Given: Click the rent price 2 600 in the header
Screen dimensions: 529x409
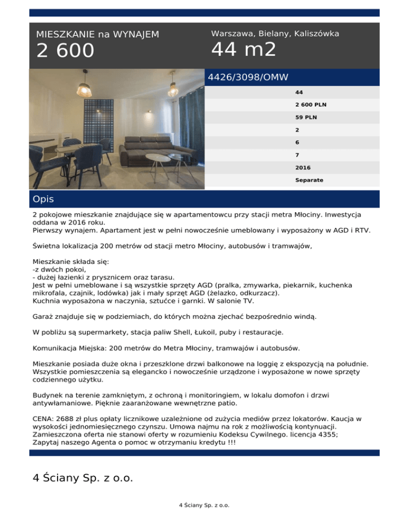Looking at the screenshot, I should (65, 52).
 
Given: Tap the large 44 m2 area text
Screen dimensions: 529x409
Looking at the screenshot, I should (244, 50).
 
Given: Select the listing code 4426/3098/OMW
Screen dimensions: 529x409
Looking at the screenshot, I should (248, 78).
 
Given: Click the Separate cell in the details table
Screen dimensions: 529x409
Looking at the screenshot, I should (309, 180).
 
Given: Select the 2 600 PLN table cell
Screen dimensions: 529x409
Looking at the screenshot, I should (310, 105).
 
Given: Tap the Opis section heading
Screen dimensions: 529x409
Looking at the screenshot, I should (43, 199).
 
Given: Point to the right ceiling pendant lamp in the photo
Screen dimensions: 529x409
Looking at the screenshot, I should (173, 85).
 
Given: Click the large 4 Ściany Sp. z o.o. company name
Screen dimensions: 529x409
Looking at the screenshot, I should (83, 477).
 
